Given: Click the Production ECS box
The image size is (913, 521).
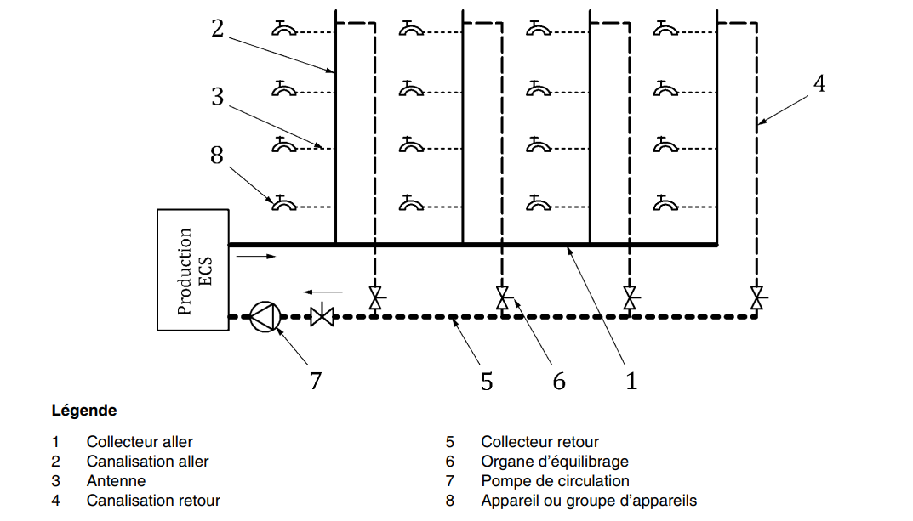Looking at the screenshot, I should pyautogui.click(x=193, y=269).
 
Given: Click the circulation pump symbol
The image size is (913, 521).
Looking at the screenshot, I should pyautogui.click(x=264, y=317).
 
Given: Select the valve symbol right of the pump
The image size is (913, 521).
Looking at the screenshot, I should pyautogui.click(x=322, y=317).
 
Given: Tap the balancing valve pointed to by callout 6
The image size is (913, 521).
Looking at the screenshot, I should pyautogui.click(x=503, y=298).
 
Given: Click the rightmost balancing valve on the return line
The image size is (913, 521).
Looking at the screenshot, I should pyautogui.click(x=756, y=298).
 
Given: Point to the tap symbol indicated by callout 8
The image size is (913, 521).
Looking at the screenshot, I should pyautogui.click(x=283, y=203).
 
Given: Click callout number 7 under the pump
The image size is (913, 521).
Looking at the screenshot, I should pyautogui.click(x=316, y=381).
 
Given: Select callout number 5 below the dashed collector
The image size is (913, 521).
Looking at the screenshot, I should pyautogui.click(x=487, y=382).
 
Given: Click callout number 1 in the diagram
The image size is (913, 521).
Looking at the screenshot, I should pyautogui.click(x=631, y=382).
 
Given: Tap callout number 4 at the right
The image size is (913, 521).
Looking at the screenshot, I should pyautogui.click(x=819, y=83).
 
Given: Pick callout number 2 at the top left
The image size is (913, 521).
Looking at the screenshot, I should pyautogui.click(x=218, y=29).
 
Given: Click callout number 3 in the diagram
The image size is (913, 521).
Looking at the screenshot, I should pyautogui.click(x=218, y=97).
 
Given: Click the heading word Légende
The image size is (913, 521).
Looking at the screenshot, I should pyautogui.click(x=84, y=411).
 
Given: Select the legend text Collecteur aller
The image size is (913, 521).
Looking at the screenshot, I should pyautogui.click(x=140, y=442).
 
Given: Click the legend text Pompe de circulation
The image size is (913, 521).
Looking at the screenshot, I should pyautogui.click(x=555, y=481).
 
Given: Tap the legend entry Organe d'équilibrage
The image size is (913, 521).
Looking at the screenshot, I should pyautogui.click(x=555, y=462).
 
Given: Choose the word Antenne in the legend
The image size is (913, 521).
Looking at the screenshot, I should pyautogui.click(x=116, y=481).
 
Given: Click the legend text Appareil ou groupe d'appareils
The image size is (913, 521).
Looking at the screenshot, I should pyautogui.click(x=589, y=501).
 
